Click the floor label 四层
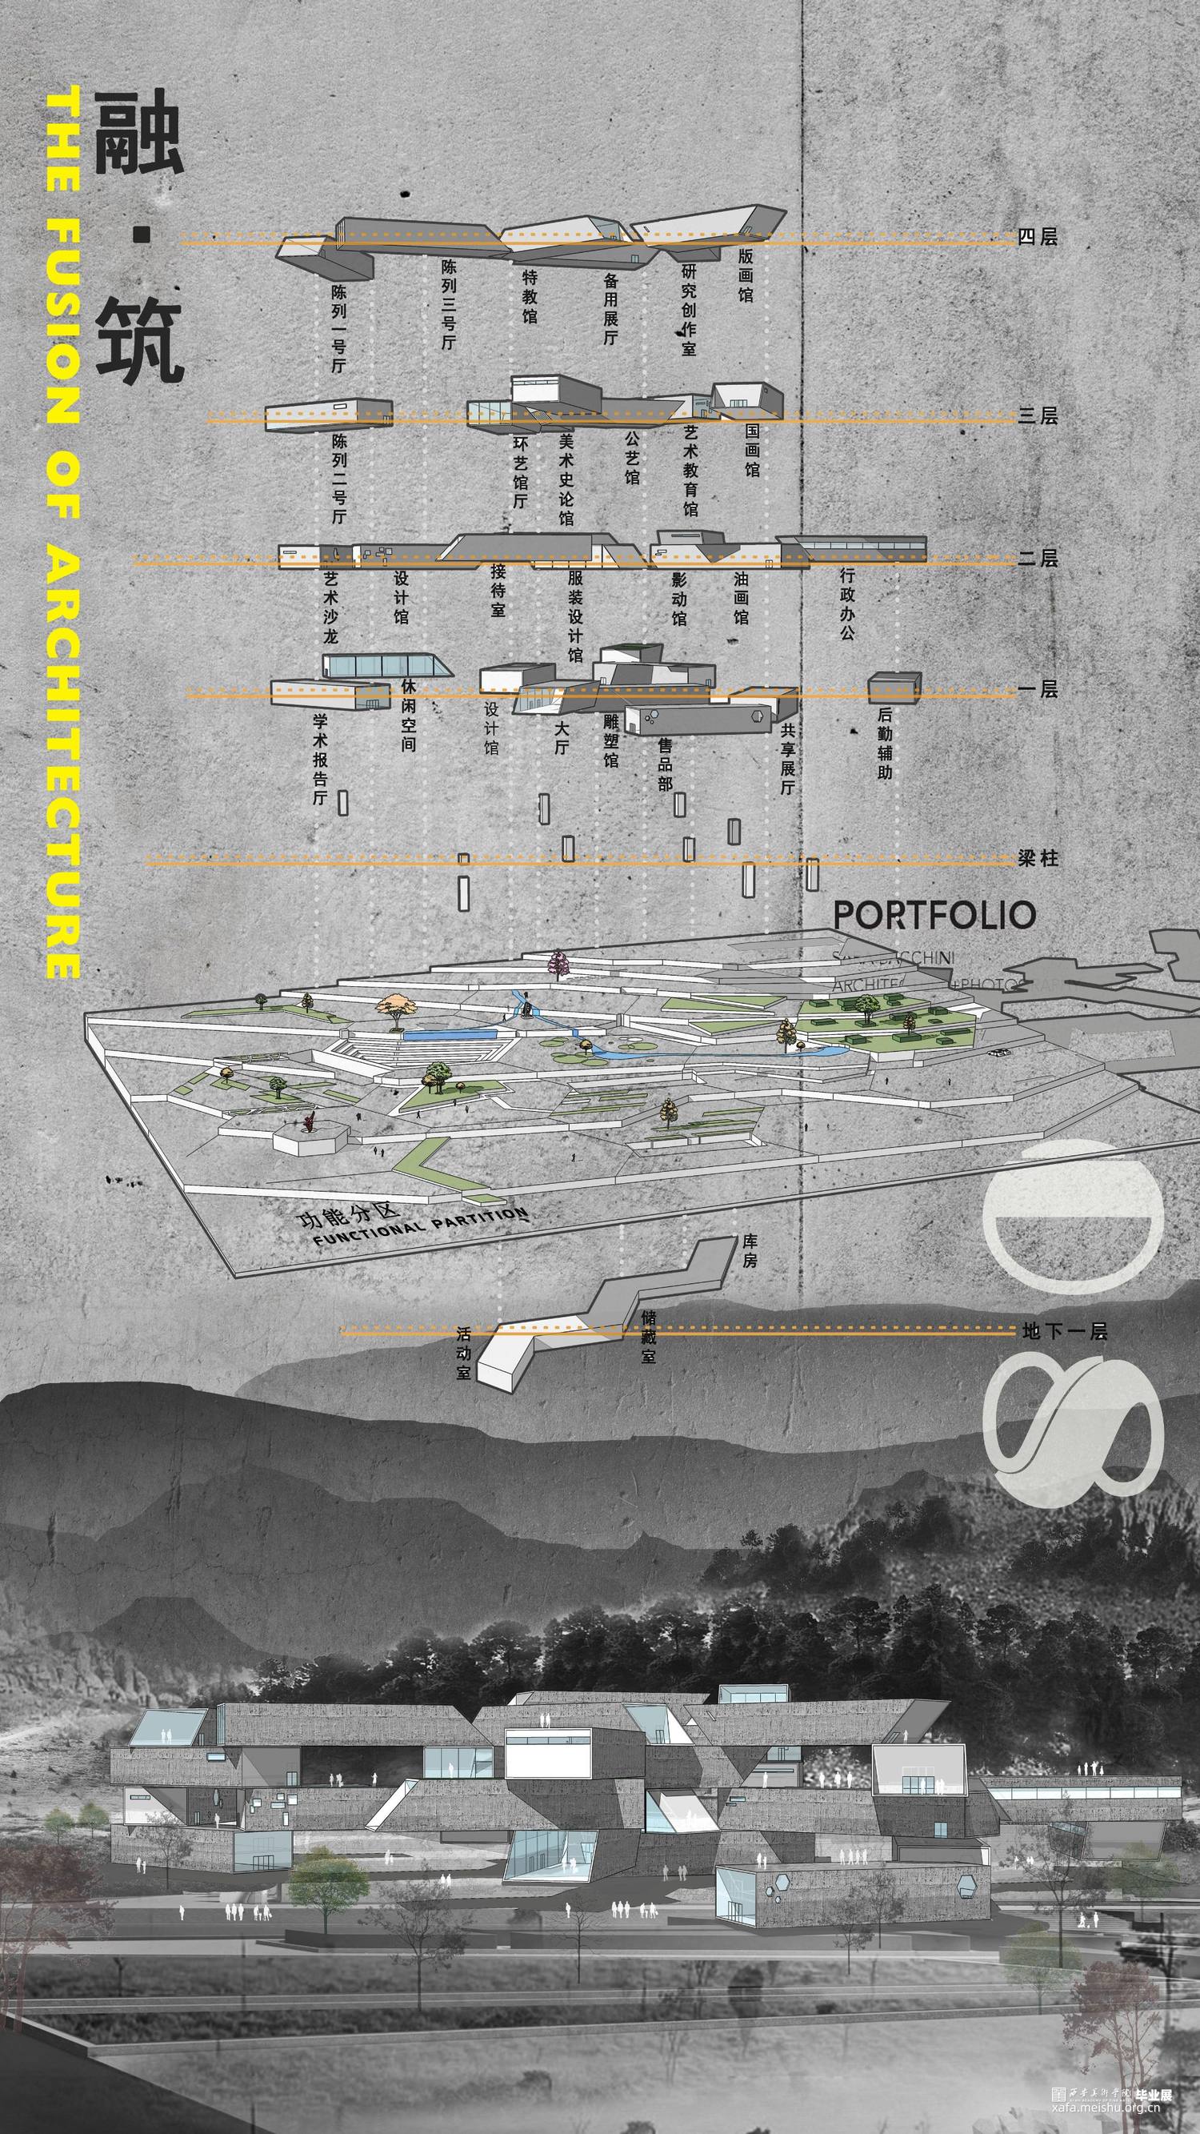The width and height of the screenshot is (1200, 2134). coord(1038,238)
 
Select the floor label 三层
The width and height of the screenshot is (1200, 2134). coord(1038,416)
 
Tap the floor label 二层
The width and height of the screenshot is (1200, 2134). coord(1038,560)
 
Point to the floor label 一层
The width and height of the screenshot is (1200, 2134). coord(1038,689)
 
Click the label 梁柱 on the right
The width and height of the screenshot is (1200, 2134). coord(1038,858)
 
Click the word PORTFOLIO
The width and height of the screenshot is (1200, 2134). coord(934,916)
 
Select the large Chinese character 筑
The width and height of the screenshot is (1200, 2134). coord(138,341)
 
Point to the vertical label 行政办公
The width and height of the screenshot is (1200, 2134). coord(846,603)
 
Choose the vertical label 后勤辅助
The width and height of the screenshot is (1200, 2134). coord(885,743)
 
